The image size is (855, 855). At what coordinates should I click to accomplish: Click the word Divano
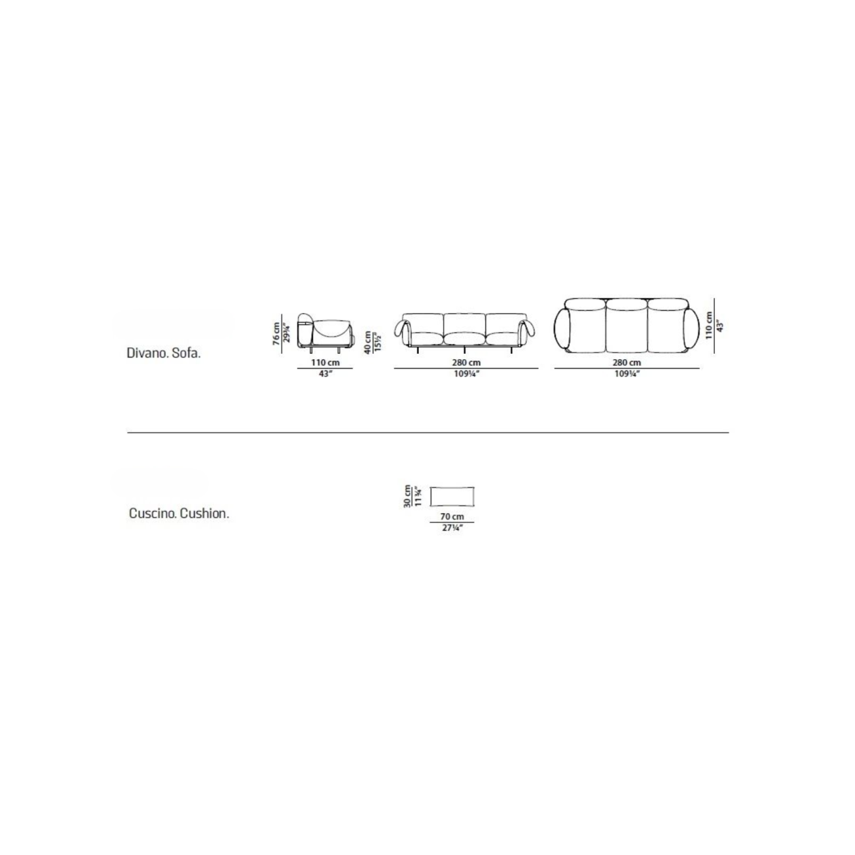click(x=145, y=353)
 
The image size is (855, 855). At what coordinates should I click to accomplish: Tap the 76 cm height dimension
click(x=277, y=333)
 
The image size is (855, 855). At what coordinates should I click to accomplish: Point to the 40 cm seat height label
click(x=368, y=341)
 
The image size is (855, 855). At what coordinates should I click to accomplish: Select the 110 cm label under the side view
click(x=325, y=362)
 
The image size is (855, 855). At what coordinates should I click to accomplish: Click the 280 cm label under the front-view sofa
click(x=466, y=362)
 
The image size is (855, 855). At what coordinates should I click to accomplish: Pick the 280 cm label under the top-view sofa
click(x=627, y=362)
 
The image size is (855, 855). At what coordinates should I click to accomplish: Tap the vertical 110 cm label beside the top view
click(x=708, y=325)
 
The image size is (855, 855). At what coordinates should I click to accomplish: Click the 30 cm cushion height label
click(x=407, y=496)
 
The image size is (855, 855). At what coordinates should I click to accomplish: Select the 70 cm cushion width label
click(x=452, y=517)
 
